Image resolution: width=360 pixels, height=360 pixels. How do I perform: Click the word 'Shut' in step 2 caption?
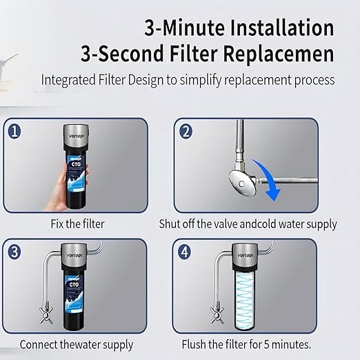(x=173, y=224)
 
